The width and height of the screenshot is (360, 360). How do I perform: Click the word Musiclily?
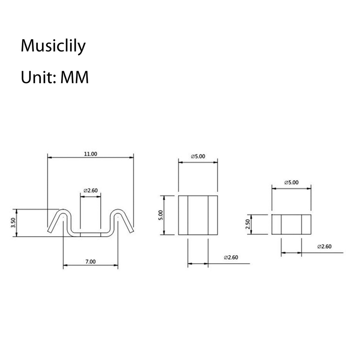pyautogui.click(x=53, y=46)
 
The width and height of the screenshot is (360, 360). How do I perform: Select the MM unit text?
pyautogui.click(x=74, y=77)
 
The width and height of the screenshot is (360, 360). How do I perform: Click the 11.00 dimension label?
pyautogui.click(x=90, y=154)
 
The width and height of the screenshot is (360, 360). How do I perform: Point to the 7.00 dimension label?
pyautogui.click(x=90, y=261)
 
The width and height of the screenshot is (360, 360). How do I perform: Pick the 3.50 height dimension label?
pyautogui.click(x=13, y=223)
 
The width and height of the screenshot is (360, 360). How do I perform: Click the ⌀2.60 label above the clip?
pyautogui.click(x=90, y=190)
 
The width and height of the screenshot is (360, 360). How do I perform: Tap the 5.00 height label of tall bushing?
pyautogui.click(x=161, y=215)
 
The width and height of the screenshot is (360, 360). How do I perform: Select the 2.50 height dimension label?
pyautogui.click(x=247, y=224)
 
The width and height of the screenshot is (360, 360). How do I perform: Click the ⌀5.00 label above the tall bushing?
pyautogui.click(x=198, y=156)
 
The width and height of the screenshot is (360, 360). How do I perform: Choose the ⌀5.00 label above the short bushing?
pyautogui.click(x=291, y=183)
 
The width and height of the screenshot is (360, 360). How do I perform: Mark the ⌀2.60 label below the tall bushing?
pyautogui.click(x=231, y=257)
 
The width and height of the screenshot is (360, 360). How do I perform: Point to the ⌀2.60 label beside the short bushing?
pyautogui.click(x=324, y=247)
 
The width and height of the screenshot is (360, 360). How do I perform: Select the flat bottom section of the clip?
pyautogui.click(x=90, y=234)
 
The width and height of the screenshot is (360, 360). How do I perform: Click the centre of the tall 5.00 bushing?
pyautogui.click(x=198, y=215)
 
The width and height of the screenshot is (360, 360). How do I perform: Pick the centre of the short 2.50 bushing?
pyautogui.click(x=291, y=225)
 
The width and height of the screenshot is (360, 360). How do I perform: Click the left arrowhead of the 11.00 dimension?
pyautogui.click(x=49, y=157)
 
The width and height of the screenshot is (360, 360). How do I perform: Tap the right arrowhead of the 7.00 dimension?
pyautogui.click(x=116, y=265)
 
